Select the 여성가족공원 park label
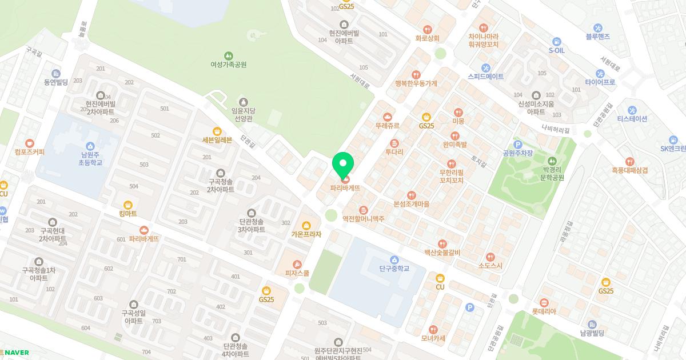pos(228,65)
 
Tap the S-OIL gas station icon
pos(556,42)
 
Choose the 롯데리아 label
pos(544,311)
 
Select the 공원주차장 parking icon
pos(517,145)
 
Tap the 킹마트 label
pos(127,213)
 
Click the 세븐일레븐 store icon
pos(217,131)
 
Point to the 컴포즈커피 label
pos(30,152)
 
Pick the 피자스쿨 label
pos(297,273)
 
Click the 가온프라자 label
pos(306,234)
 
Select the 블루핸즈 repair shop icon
pos(598,28)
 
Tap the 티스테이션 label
pos(632,119)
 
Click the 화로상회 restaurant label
pos(427,38)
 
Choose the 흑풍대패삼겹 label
pos(629,170)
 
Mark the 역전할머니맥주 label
pos(363,218)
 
